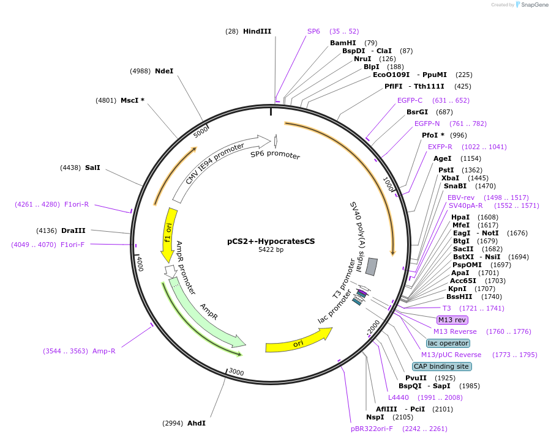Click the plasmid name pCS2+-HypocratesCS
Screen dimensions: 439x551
tap(271, 241)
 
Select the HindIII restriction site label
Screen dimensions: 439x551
tap(257, 31)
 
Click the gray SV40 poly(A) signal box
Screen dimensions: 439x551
tap(371, 266)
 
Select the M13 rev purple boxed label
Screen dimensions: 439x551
tap(452, 320)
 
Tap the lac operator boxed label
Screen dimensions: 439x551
tap(448, 343)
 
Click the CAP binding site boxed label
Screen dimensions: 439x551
tap(441, 366)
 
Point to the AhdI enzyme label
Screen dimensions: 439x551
tap(197, 423)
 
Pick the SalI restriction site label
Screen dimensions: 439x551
tap(92, 168)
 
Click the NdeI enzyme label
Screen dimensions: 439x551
tap(164, 71)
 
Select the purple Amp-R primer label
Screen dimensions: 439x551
tap(103, 351)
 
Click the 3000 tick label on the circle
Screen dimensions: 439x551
tap(236, 373)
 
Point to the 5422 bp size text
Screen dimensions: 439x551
tap(271, 249)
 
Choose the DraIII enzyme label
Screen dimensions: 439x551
tap(73, 231)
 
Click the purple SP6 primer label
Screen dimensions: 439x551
tap(313, 31)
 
